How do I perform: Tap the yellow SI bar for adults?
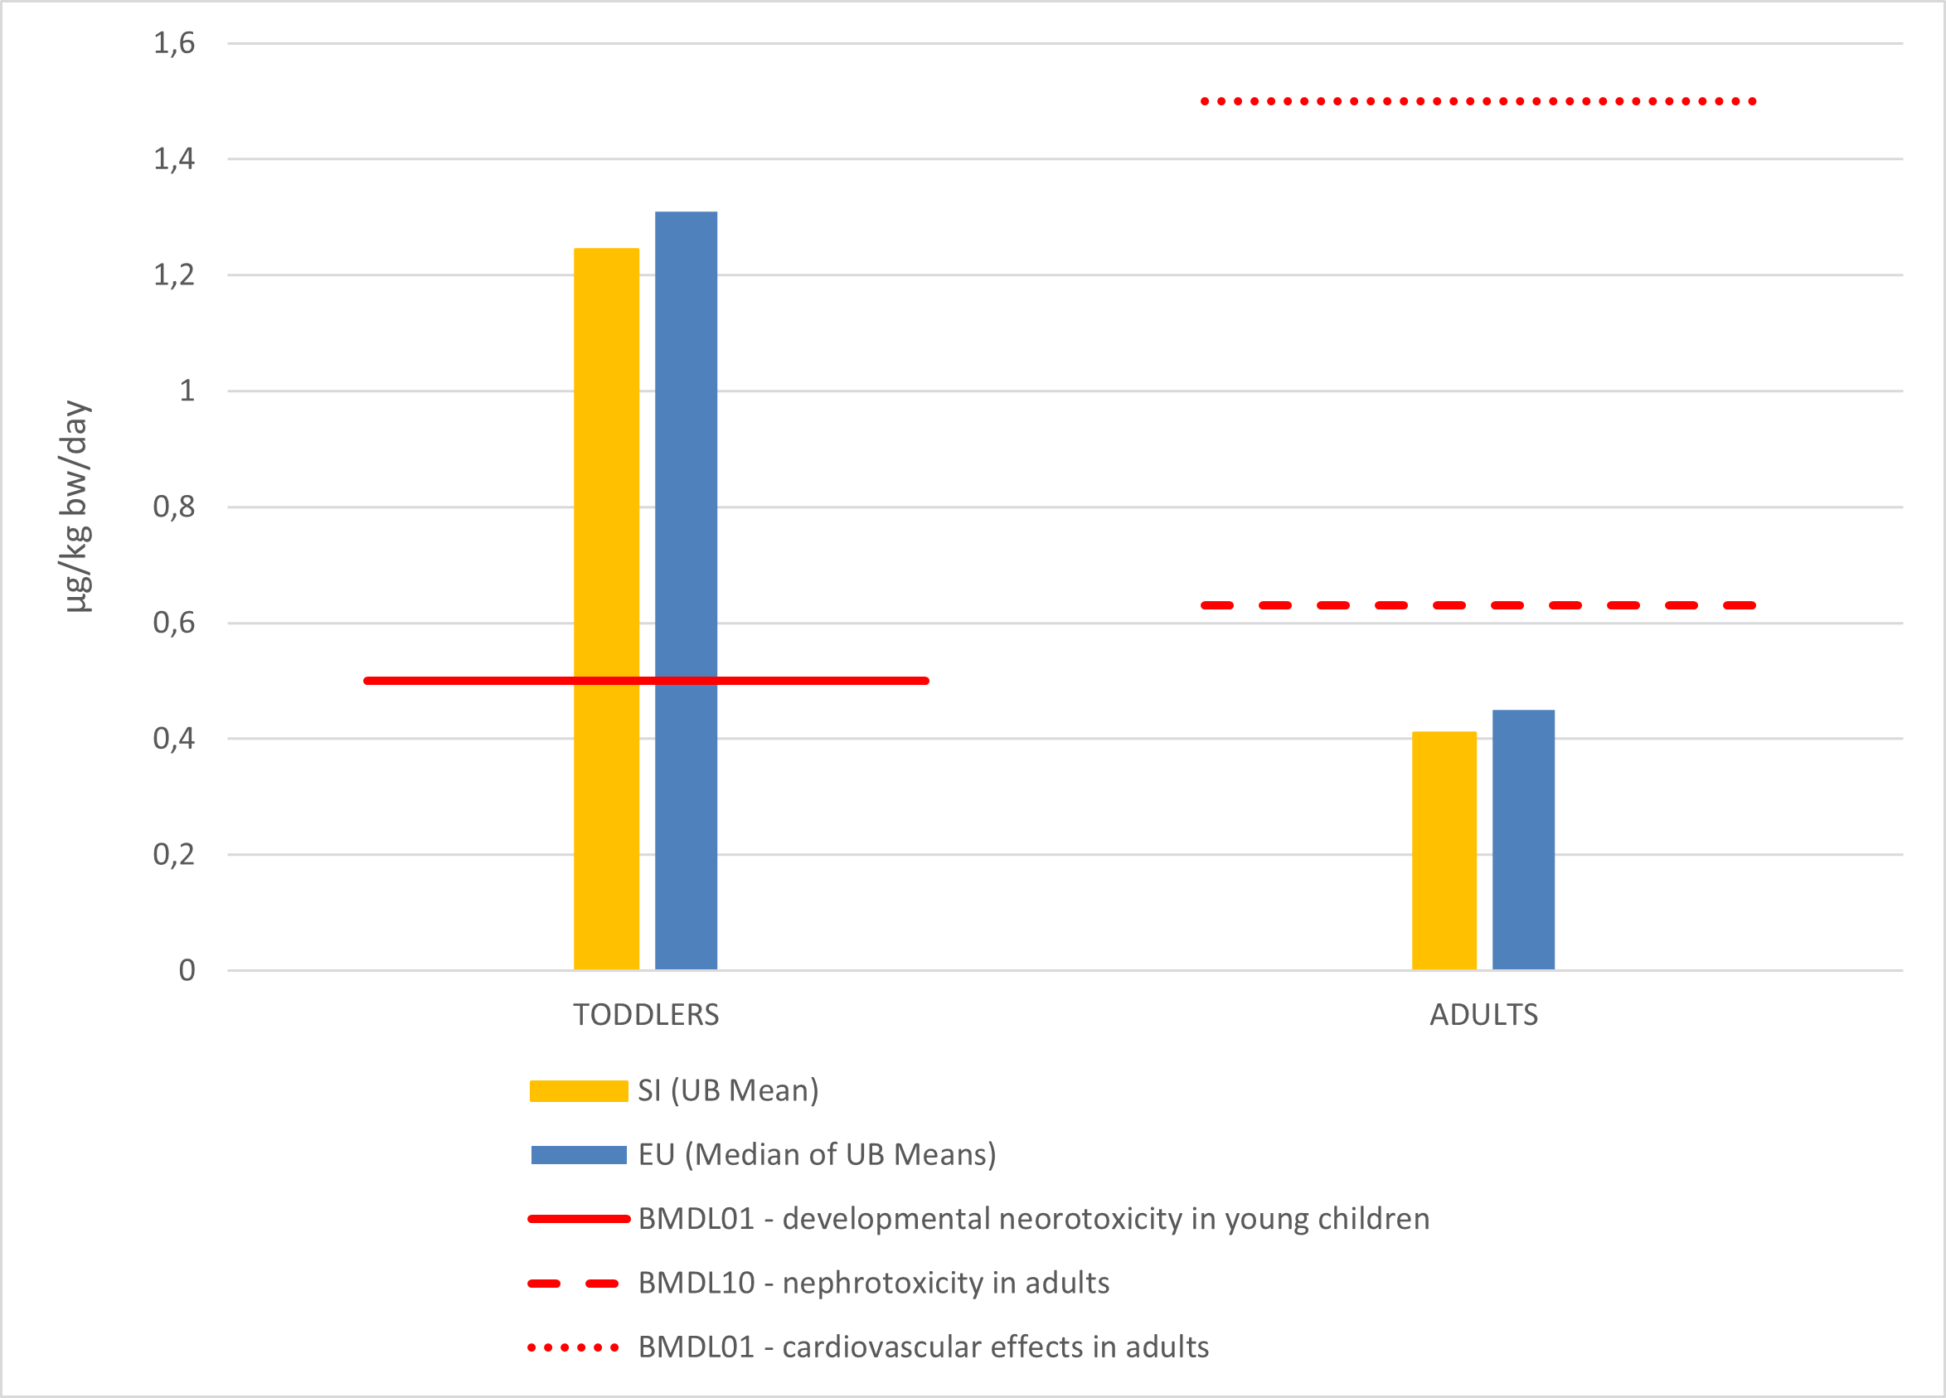click(x=1444, y=850)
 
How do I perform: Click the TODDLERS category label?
click(x=646, y=1014)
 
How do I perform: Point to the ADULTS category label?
click(x=1483, y=1014)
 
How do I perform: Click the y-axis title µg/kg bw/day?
click(x=75, y=507)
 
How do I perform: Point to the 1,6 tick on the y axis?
click(x=174, y=43)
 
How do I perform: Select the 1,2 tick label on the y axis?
click(x=174, y=274)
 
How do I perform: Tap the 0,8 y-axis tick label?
click(x=174, y=507)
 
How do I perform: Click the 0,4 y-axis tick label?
click(x=174, y=738)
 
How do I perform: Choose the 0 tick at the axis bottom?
click(x=187, y=970)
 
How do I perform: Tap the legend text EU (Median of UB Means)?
click(x=817, y=1154)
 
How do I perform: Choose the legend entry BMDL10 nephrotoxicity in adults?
click(x=873, y=1283)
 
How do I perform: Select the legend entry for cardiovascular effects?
click(x=923, y=1347)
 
